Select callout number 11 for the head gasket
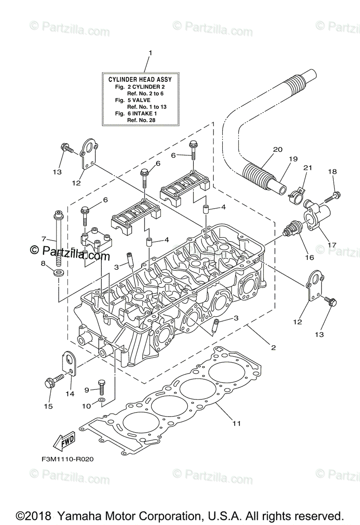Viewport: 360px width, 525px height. [237, 423]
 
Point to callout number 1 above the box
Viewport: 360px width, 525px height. [150, 53]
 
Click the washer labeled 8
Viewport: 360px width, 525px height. [57, 273]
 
